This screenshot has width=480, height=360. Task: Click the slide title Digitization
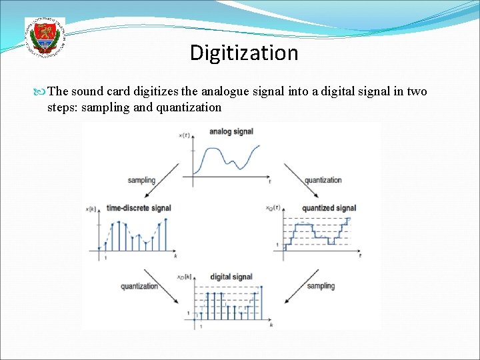[x=244, y=53]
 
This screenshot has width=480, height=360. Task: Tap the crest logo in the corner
[x=45, y=37]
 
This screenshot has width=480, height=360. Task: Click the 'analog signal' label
[x=231, y=131]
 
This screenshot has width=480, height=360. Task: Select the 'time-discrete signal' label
[x=139, y=208]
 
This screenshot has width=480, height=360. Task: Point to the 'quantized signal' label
[x=329, y=208]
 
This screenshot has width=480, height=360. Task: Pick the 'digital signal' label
[x=231, y=277]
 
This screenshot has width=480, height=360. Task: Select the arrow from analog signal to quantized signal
[x=293, y=178]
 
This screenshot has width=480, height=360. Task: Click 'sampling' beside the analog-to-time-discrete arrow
[x=141, y=180]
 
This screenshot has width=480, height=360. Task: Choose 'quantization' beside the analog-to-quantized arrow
[x=323, y=180]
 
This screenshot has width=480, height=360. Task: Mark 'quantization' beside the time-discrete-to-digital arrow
[x=139, y=286]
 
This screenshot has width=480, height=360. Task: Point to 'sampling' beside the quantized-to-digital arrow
[x=321, y=286]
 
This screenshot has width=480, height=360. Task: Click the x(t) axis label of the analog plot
[x=185, y=135]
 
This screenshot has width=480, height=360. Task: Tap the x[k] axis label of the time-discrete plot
[x=91, y=209]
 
